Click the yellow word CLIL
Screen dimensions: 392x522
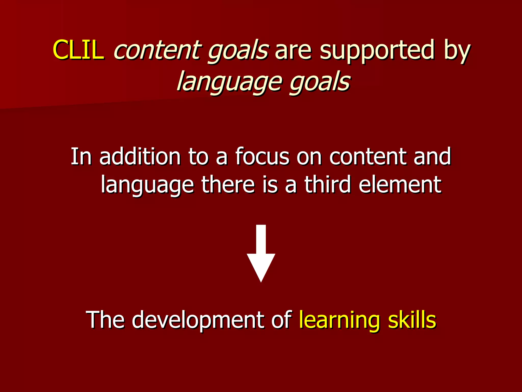78,50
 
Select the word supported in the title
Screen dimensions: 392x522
377,51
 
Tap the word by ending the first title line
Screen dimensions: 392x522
456,51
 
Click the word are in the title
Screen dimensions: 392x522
293,51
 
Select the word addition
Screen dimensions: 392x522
140,156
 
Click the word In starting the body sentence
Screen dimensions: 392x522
81,156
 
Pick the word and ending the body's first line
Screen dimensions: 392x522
432,156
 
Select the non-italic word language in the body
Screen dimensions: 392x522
147,185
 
